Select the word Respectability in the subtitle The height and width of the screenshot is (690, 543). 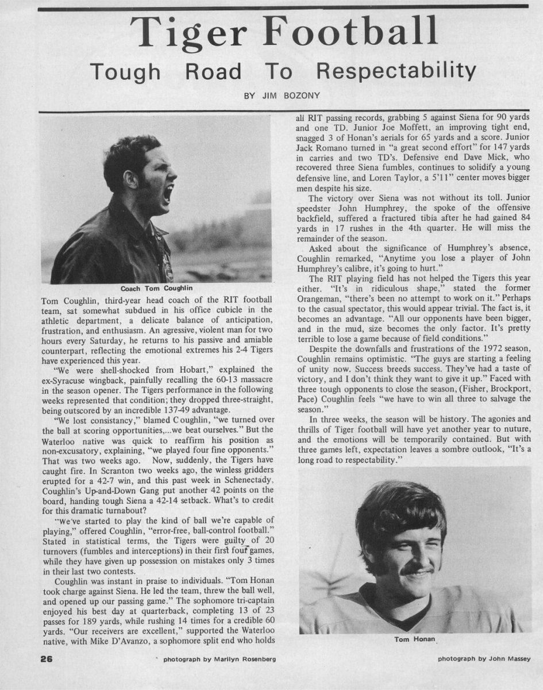pyautogui.click(x=396, y=72)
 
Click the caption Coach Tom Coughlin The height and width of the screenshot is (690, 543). pyautogui.click(x=155, y=289)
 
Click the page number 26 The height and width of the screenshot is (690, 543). pyautogui.click(x=46, y=659)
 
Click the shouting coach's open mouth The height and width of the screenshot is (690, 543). pyautogui.click(x=167, y=193)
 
